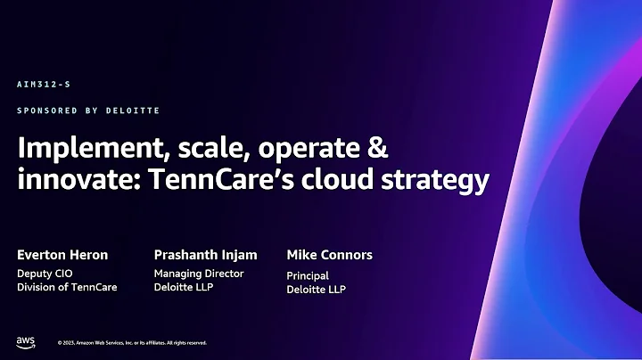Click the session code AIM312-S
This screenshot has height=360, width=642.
pyautogui.click(x=43, y=84)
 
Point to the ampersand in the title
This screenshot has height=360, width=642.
pyautogui.click(x=378, y=149)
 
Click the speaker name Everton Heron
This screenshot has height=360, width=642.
pyautogui.click(x=62, y=255)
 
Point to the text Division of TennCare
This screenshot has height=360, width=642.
pyautogui.click(x=67, y=287)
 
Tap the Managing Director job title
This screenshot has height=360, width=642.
pyautogui.click(x=199, y=274)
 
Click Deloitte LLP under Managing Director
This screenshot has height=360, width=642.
pyautogui.click(x=184, y=287)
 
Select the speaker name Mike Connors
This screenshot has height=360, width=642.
pyautogui.click(x=329, y=255)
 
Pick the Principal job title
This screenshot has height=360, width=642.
pyautogui.click(x=308, y=276)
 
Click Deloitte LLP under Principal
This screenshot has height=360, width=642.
pyautogui.click(x=317, y=290)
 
